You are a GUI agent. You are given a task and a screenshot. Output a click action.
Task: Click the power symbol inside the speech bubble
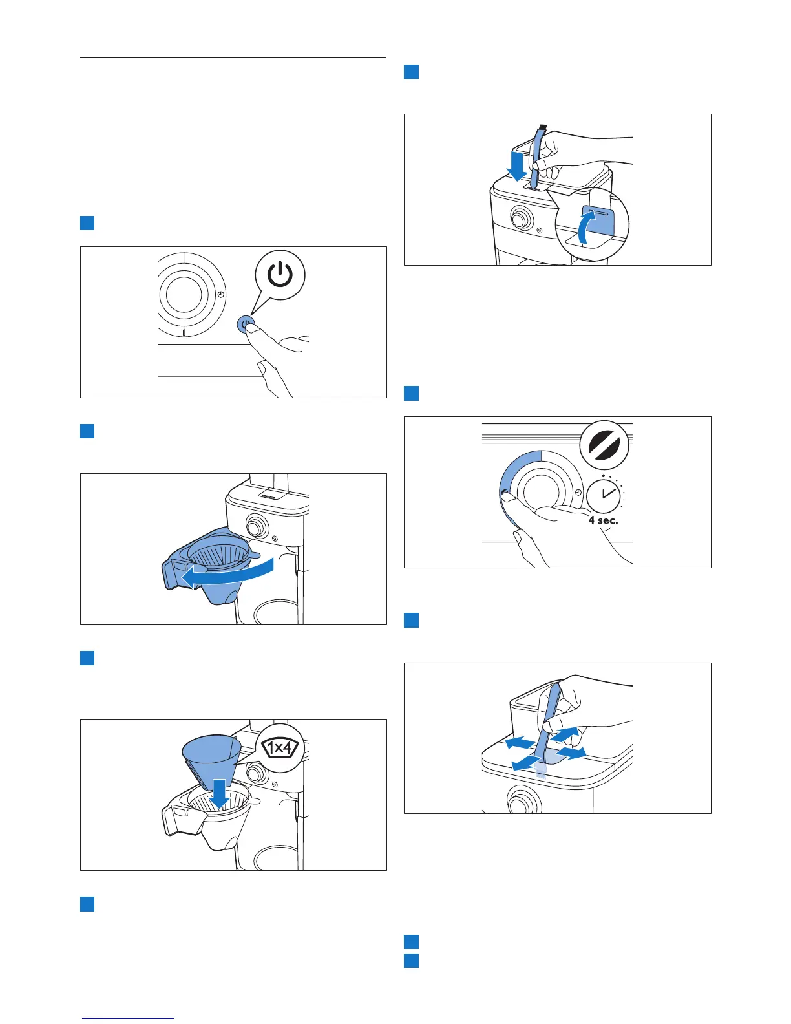point(280,275)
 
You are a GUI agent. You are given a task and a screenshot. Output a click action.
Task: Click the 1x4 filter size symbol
point(280,749)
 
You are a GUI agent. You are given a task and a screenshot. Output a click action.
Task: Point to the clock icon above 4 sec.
point(604,495)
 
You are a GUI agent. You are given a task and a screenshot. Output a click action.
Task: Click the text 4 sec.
point(603,520)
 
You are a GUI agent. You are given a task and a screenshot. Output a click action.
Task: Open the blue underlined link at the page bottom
point(129,1018)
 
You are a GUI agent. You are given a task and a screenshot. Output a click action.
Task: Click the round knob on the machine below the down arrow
point(518,219)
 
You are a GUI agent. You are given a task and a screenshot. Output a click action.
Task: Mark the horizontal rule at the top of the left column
point(233,58)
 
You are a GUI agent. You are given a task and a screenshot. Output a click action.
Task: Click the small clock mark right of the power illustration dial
point(220,294)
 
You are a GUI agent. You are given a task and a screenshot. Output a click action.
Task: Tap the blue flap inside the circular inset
point(597,220)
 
